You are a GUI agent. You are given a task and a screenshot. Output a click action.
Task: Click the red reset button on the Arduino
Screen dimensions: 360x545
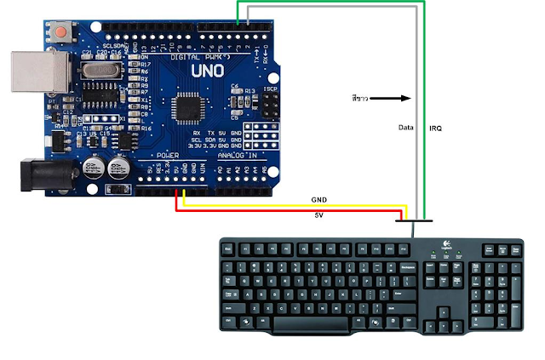point(62,34)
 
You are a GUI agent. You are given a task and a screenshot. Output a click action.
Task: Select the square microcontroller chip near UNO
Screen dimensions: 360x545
point(186,107)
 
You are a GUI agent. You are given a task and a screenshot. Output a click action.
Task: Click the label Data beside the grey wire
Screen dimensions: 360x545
point(405,128)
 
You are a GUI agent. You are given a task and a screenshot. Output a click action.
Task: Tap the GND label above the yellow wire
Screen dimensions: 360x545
point(320,200)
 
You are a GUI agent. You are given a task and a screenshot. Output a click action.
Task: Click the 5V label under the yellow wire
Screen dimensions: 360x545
point(320,214)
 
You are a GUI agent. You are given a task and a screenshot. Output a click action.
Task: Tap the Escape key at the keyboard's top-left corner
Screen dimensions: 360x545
point(227,249)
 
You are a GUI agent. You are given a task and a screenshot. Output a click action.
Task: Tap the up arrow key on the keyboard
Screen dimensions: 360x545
point(443,311)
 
